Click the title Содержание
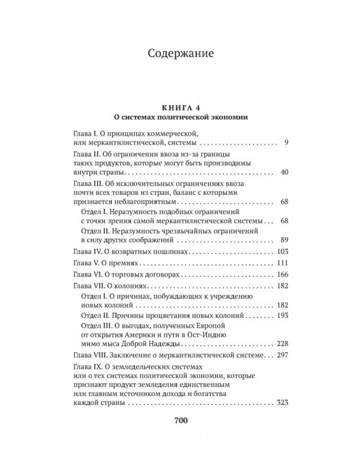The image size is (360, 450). (181, 55)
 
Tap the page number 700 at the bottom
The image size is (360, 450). (181, 420)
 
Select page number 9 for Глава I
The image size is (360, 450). (287, 143)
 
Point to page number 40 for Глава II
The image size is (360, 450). (284, 172)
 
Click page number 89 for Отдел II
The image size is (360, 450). (284, 240)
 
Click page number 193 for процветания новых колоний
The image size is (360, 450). (283, 315)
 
